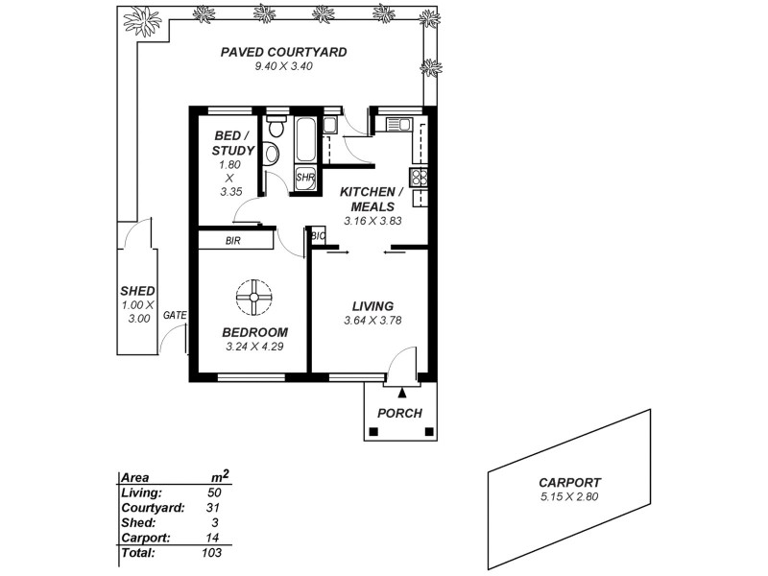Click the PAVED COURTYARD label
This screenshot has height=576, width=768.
pyautogui.click(x=283, y=52)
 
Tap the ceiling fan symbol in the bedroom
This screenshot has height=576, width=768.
pyautogui.click(x=254, y=297)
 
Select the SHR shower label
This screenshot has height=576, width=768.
pyautogui.click(x=305, y=178)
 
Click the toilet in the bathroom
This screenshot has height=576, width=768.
pyautogui.click(x=276, y=127)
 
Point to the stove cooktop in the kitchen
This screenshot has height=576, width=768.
pyautogui.click(x=419, y=177)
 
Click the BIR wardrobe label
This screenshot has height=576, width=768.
pyautogui.click(x=233, y=241)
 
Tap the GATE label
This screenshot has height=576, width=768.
pyautogui.click(x=175, y=315)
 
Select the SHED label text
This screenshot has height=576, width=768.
pyautogui.click(x=137, y=291)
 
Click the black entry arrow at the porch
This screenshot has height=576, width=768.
pyautogui.click(x=402, y=391)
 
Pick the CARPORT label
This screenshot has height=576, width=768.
pyautogui.click(x=569, y=483)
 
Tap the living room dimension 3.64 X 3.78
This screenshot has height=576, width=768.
pyautogui.click(x=372, y=321)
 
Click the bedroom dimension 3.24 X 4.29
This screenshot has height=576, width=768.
pyautogui.click(x=254, y=346)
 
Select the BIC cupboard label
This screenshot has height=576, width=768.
pyautogui.click(x=318, y=234)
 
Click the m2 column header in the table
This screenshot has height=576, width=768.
pyautogui.click(x=219, y=475)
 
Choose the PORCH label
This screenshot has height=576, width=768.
pyautogui.click(x=400, y=413)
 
